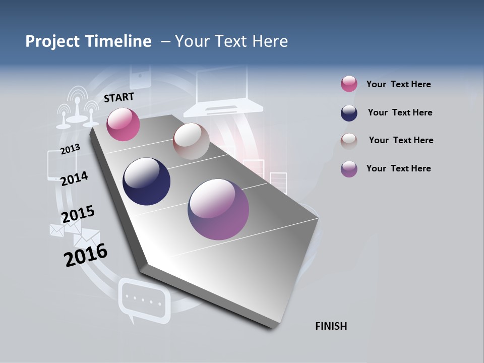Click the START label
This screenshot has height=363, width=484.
119,97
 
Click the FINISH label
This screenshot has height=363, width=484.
331,326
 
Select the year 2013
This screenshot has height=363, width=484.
70,149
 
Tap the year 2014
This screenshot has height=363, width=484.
74,178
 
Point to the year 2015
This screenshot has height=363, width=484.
78,214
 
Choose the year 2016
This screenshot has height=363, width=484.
86,255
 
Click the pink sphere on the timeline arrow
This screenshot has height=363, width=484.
123,124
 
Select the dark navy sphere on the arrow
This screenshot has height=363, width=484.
146,181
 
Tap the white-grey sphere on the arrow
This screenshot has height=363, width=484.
191,141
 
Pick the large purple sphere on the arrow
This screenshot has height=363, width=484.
218,209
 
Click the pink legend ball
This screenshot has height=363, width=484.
349,84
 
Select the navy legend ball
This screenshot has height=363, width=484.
349,113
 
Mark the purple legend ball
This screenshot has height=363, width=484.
349,169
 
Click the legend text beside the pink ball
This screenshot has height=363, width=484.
398,84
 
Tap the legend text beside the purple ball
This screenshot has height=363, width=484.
398,168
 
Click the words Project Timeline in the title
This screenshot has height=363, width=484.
88,41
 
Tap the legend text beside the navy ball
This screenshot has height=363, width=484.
400,112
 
